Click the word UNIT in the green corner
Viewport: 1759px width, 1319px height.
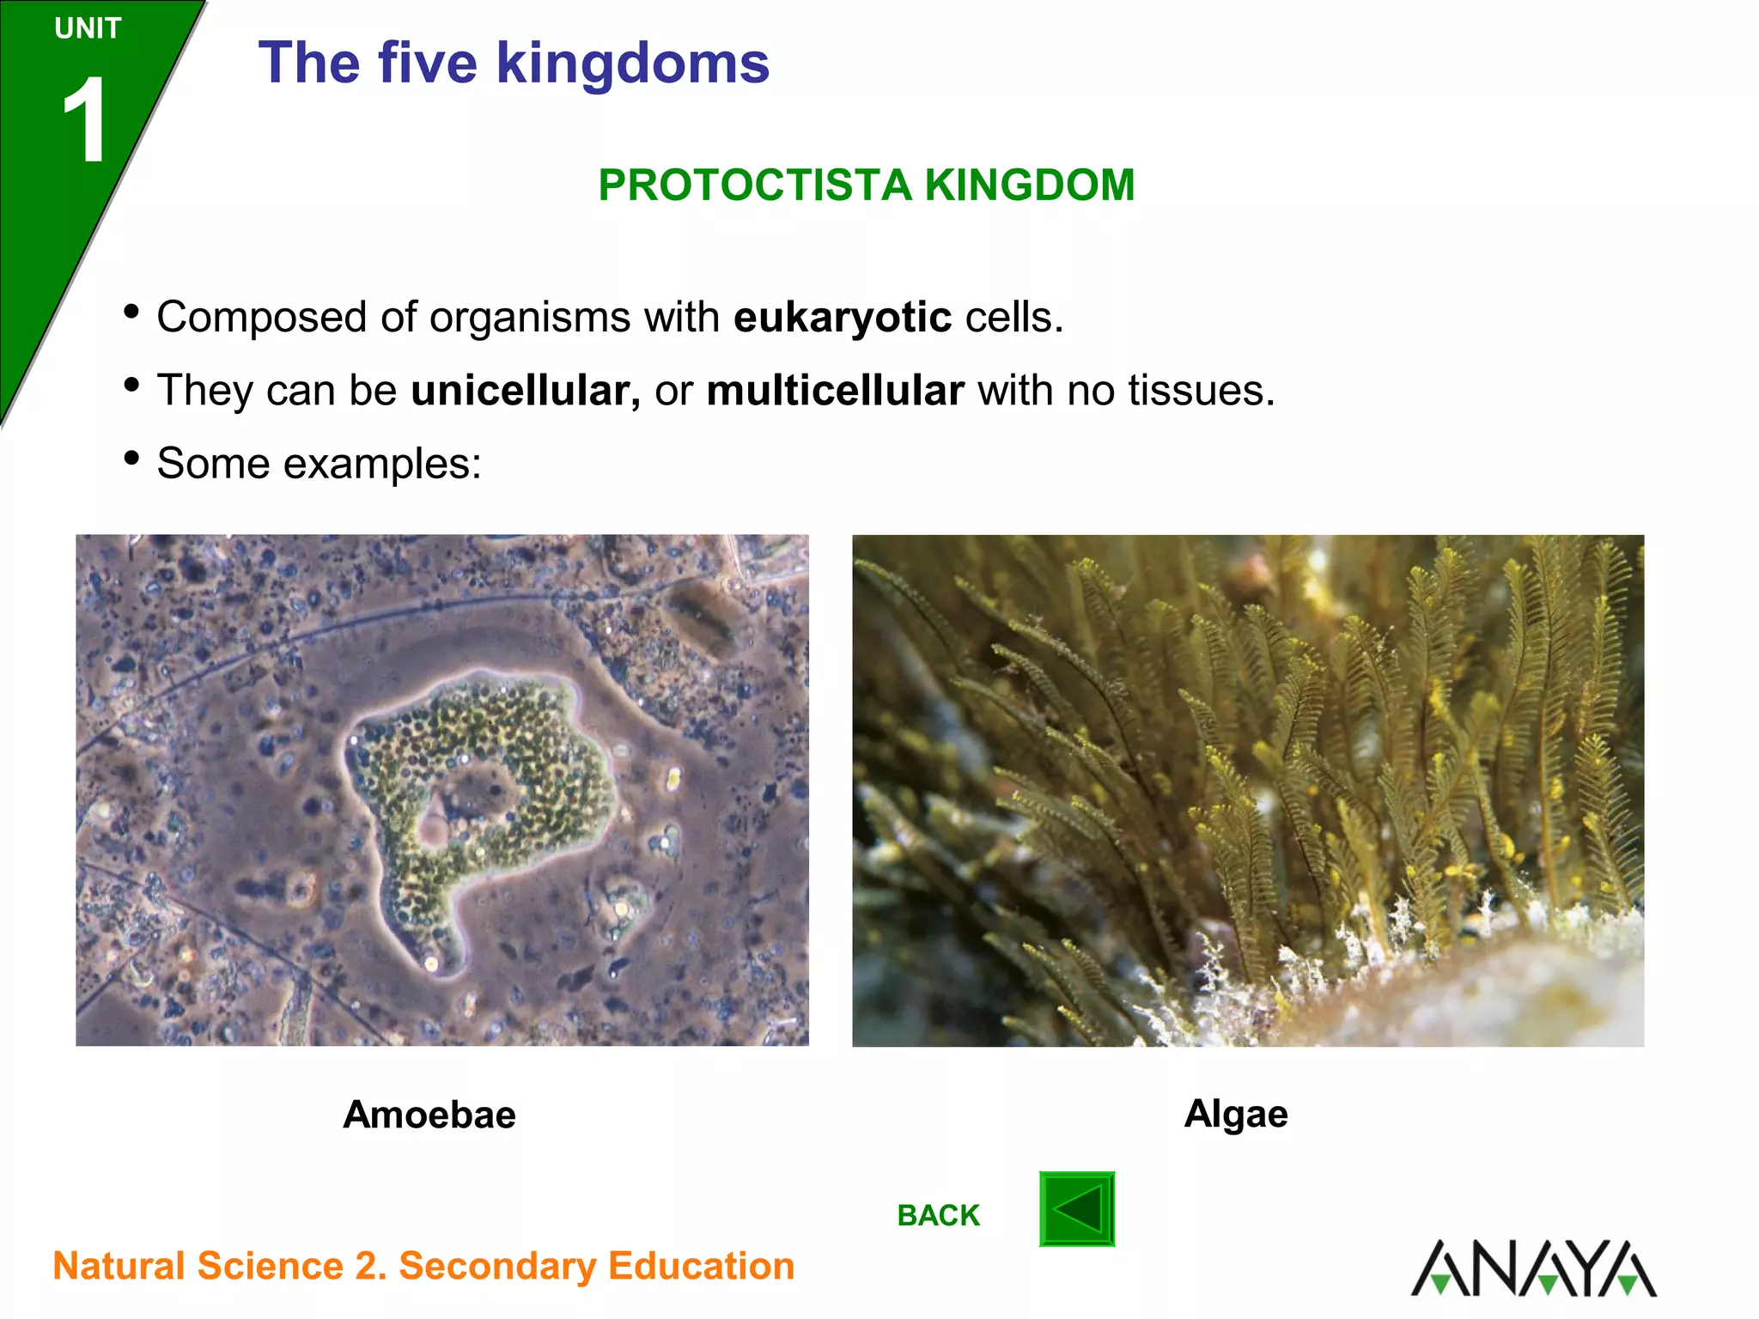point(88,29)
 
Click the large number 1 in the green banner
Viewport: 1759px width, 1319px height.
point(85,120)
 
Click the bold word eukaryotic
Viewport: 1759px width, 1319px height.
point(842,318)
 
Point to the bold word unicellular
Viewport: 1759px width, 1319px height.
point(525,391)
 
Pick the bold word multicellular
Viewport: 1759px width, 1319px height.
point(835,391)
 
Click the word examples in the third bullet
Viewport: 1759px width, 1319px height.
point(382,464)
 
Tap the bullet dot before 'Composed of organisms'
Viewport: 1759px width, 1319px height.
point(131,311)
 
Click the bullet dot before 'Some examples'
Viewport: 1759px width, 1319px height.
point(131,458)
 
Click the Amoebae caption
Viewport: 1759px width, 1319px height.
point(429,1115)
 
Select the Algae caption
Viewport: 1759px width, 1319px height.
point(1236,1114)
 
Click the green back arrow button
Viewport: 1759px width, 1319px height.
point(1077,1209)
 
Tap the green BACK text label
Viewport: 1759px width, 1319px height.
point(938,1216)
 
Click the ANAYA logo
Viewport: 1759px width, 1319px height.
point(1534,1267)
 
